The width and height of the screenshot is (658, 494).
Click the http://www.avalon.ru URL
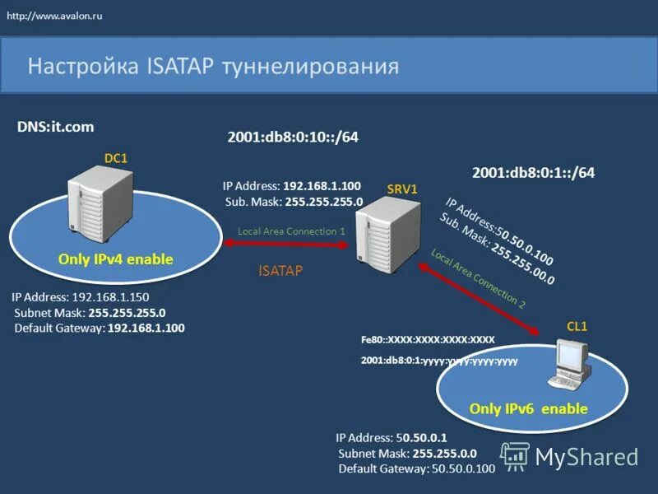tap(55, 16)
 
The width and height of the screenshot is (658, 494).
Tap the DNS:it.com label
tap(56, 127)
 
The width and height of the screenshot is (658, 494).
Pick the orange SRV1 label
tap(402, 189)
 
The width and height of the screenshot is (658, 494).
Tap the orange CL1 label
tap(577, 326)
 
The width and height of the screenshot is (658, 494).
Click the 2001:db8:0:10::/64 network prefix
tap(293, 137)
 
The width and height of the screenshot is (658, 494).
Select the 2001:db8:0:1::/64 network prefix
tap(533, 173)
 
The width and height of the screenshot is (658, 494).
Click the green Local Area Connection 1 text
tap(291, 231)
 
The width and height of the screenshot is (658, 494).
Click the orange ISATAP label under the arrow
tap(280, 269)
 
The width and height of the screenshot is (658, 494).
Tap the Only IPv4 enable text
tap(116, 259)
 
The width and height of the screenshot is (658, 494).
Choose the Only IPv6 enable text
tap(528, 408)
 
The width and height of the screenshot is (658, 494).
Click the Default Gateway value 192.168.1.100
tap(146, 328)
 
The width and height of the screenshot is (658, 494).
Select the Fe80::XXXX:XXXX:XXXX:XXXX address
tap(428, 339)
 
